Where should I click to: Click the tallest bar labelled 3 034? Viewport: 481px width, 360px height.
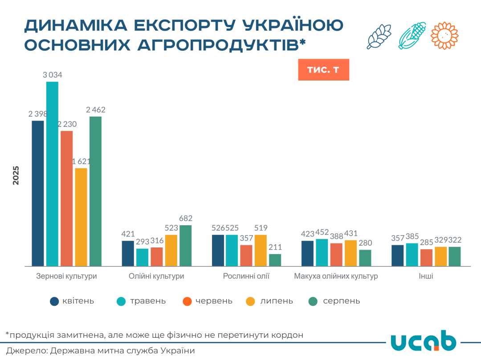(x=52, y=174)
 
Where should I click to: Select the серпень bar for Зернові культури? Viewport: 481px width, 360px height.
(x=95, y=191)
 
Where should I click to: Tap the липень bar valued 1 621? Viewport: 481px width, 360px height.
(x=81, y=217)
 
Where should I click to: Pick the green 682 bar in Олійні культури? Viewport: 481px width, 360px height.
(x=185, y=245)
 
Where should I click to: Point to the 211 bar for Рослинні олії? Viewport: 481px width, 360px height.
(x=275, y=260)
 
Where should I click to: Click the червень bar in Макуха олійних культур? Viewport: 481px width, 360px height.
(x=336, y=254)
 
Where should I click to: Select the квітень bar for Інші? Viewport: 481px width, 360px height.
(x=397, y=255)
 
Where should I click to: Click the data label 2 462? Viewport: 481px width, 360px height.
(x=95, y=109)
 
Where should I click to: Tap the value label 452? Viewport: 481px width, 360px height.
(x=322, y=232)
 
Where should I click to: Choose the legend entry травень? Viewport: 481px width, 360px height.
(x=147, y=301)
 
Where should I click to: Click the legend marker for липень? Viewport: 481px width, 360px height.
(x=250, y=301)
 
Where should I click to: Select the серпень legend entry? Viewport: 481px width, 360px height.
(x=341, y=301)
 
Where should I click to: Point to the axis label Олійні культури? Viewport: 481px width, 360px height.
(x=156, y=276)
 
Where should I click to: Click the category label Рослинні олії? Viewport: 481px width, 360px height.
(x=246, y=276)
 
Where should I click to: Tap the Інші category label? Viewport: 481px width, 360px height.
(x=426, y=276)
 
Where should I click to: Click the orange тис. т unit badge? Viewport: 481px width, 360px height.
(x=323, y=70)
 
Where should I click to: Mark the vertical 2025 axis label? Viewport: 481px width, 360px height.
(x=16, y=175)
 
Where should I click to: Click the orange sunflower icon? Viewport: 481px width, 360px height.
(x=444, y=35)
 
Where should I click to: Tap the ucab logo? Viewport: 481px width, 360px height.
(x=423, y=341)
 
